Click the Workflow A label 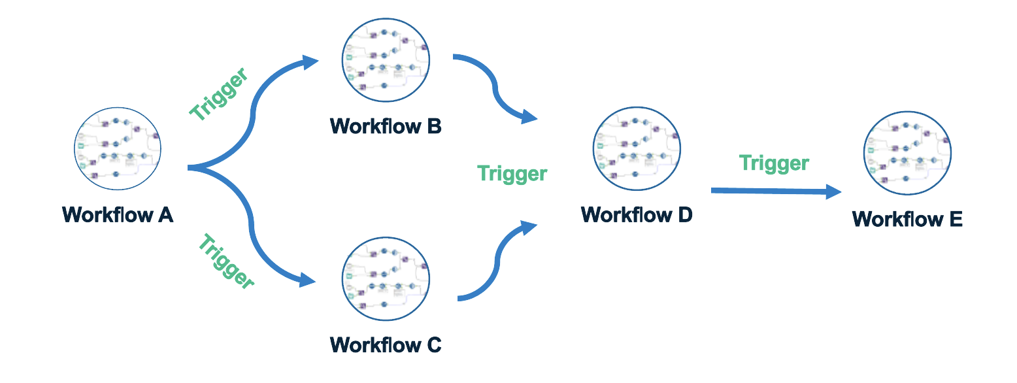(118, 214)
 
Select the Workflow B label (386, 125)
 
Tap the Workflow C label (386, 344)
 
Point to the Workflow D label (637, 214)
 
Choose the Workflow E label (907, 218)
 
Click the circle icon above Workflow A (118, 150)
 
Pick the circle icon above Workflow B (386, 59)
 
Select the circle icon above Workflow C (386, 277)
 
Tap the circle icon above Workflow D (637, 150)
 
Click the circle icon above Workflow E (907, 152)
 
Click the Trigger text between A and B (219, 94)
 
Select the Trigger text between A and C (225, 261)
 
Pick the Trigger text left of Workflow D (512, 173)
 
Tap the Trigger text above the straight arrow (774, 163)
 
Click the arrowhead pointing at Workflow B (310, 62)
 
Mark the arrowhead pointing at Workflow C (308, 282)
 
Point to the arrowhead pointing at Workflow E (833, 191)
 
